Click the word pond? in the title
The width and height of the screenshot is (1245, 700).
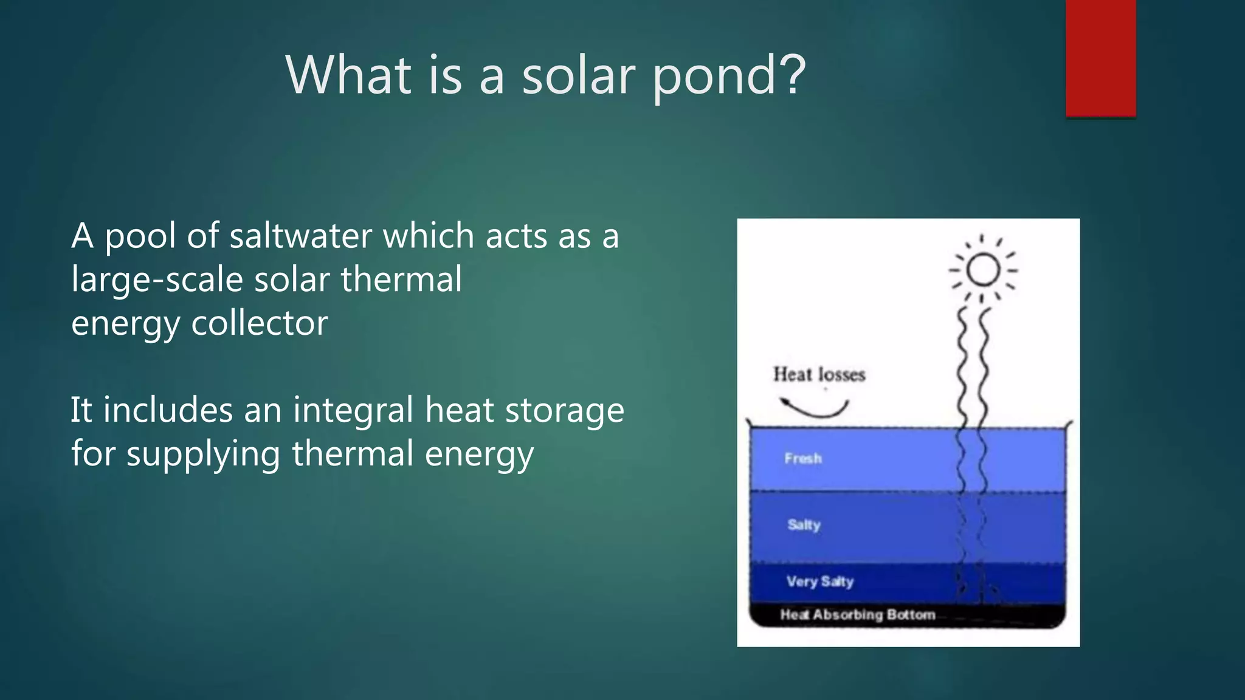pyautogui.click(x=729, y=76)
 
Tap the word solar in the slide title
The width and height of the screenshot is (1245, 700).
pyautogui.click(x=578, y=76)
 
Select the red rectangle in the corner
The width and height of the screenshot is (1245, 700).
pyautogui.click(x=1100, y=58)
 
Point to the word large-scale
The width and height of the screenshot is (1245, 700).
pyautogui.click(x=157, y=280)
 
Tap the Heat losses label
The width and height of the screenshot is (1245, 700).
pyautogui.click(x=819, y=374)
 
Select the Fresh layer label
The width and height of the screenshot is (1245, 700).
pyautogui.click(x=802, y=458)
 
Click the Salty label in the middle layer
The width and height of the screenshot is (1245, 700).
pyautogui.click(x=804, y=524)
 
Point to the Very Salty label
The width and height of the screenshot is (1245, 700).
pyautogui.click(x=820, y=582)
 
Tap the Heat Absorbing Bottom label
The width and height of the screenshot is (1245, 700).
pyautogui.click(x=857, y=614)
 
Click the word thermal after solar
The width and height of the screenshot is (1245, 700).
pyautogui.click(x=401, y=280)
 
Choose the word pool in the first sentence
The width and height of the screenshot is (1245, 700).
pyautogui.click(x=140, y=237)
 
